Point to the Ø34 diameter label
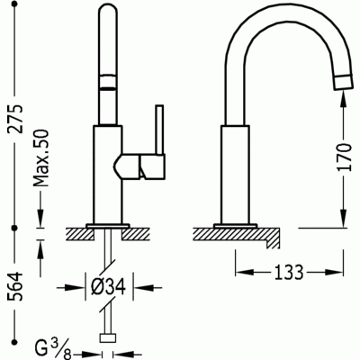click(105, 288)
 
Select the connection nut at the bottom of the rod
click(111, 339)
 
